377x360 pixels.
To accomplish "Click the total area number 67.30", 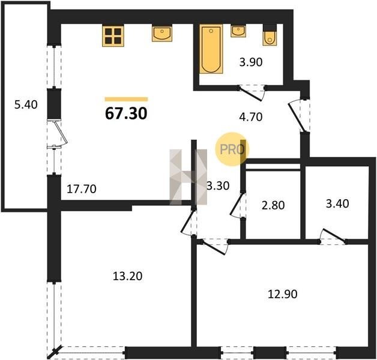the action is pos(126,113).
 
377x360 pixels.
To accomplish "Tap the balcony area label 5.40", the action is pos(26,105).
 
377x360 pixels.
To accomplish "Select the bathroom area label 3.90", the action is pos(251,62).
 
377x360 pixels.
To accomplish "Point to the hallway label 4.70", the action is pos(251,117).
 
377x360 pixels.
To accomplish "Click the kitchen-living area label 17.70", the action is pos(82,189).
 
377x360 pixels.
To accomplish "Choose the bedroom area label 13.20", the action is pos(127,276).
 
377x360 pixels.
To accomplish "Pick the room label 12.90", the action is pos(283,294).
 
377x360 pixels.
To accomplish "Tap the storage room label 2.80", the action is pos(273,205).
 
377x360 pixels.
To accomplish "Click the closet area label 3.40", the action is pos(337,203).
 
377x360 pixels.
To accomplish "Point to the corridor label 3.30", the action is pos(219,186).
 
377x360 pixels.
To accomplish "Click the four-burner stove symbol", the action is pos(113,36).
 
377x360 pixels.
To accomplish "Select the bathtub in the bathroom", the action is pos(211,49).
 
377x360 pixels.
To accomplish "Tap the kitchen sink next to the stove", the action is pos(162,33).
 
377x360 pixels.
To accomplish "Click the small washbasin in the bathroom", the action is pos(238,31).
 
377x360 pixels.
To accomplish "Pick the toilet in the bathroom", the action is pos(270,35).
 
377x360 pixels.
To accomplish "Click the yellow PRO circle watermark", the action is pos(232,149).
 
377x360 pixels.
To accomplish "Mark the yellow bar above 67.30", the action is pos(126,99).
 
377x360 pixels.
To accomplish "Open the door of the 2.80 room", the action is pos(238,205).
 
